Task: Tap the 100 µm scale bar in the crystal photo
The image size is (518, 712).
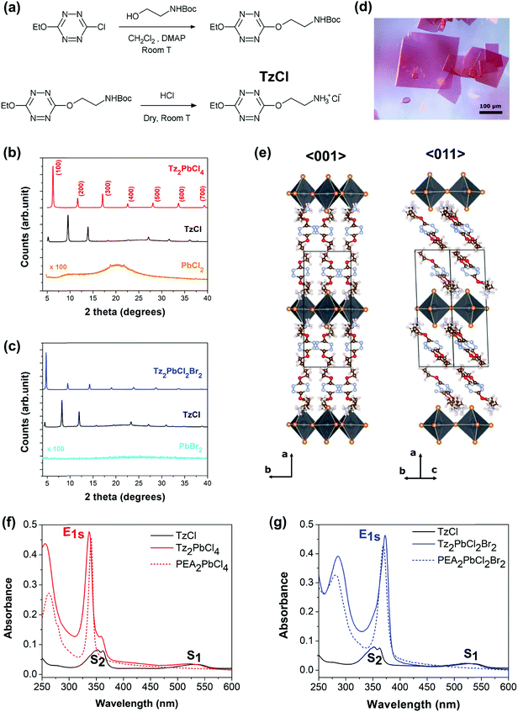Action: (491, 129)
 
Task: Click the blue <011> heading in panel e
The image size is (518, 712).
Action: (432, 157)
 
